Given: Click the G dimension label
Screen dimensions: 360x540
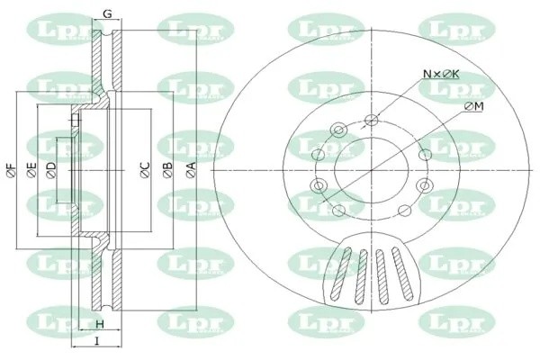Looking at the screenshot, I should [107, 13].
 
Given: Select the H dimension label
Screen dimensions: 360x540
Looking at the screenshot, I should [100, 323].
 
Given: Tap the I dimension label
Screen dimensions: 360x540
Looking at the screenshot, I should [96, 341].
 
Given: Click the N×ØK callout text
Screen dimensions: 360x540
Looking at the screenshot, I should [441, 73].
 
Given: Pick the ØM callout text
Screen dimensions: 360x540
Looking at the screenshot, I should [474, 106].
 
